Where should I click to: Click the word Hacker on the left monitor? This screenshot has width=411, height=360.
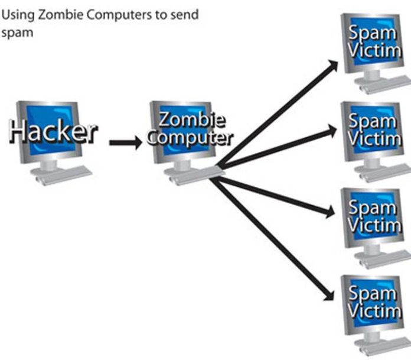pos(53,131)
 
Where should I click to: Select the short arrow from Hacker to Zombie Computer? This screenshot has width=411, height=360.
pos(125,142)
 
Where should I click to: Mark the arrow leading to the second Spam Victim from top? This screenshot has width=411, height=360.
pos(278,148)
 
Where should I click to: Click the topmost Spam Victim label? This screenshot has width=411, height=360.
pos(372,41)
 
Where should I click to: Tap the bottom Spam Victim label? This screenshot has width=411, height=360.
pos(372,301)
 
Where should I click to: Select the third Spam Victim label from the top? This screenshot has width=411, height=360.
pos(372,216)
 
